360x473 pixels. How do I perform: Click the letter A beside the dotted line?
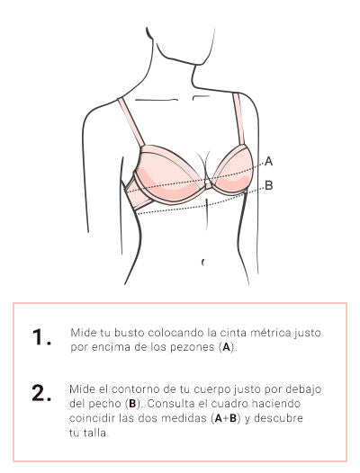pyautogui.click(x=268, y=161)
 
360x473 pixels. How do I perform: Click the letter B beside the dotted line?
pyautogui.click(x=269, y=185)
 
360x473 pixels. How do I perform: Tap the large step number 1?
pyautogui.click(x=40, y=337)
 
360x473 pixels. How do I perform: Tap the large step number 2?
pyautogui.click(x=41, y=393)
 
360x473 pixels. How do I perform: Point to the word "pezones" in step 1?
pyautogui.click(x=193, y=347)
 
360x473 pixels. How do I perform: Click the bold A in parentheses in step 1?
pyautogui.click(x=226, y=347)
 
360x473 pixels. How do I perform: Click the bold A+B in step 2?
pyautogui.click(x=226, y=418)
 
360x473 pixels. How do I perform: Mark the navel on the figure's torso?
pyautogui.click(x=203, y=263)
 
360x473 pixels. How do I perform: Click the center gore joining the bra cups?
pyautogui.click(x=208, y=183)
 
